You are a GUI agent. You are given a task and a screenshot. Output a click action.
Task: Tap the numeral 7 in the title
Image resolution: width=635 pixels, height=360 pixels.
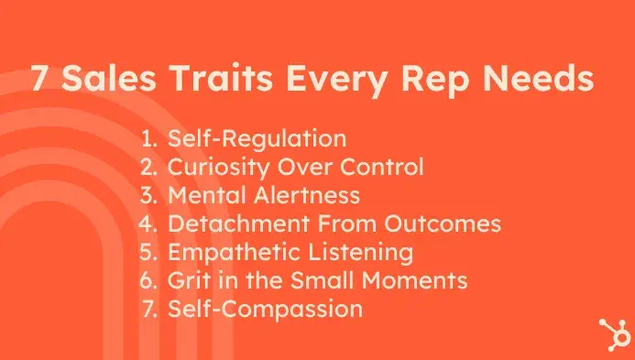click(40, 80)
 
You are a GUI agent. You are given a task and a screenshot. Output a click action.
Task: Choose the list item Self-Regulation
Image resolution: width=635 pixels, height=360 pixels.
click(257, 140)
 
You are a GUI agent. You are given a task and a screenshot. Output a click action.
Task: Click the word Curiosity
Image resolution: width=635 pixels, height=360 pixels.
click(212, 168)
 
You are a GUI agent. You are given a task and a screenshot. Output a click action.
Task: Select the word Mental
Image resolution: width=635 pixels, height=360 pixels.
click(202, 196)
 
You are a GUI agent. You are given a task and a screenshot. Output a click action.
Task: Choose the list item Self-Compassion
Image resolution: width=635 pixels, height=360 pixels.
click(265, 309)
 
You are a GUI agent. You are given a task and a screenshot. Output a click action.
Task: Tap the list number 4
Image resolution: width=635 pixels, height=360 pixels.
click(149, 224)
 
